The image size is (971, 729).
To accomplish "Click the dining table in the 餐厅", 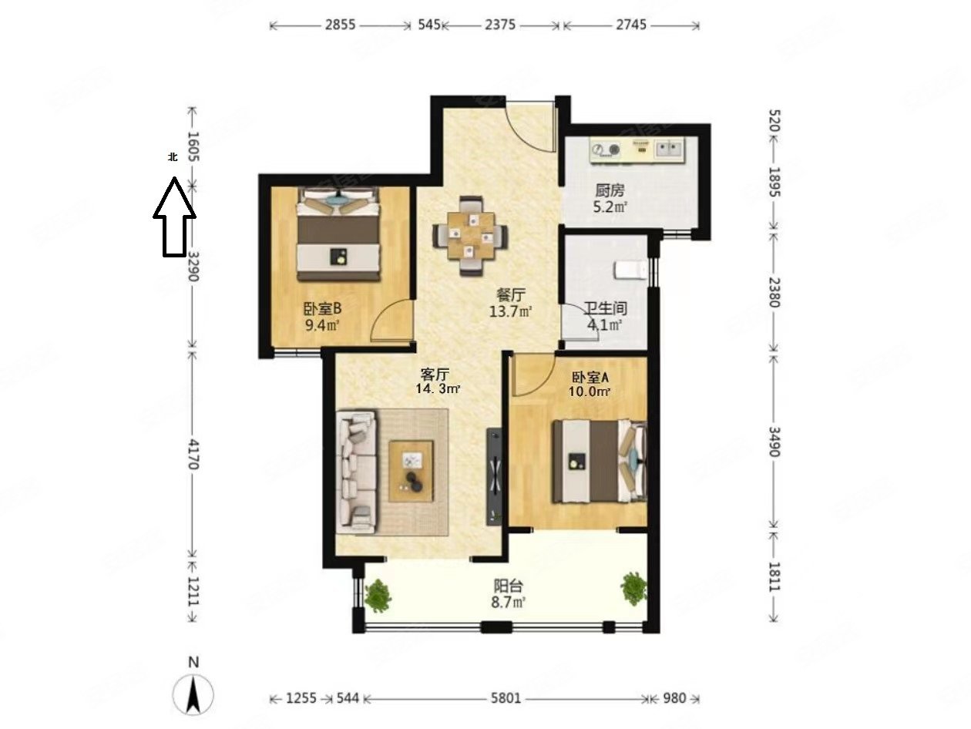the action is [470, 235].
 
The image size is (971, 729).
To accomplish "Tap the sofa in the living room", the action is [358, 472].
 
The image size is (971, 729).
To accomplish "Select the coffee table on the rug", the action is [411, 471].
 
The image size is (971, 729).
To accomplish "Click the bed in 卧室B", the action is [338, 233].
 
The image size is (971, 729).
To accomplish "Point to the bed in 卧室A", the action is [599, 461].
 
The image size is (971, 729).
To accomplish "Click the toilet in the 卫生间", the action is [630, 270].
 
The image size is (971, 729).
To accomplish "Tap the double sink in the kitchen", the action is [668, 148].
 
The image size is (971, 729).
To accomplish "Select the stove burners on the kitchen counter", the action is [606, 149].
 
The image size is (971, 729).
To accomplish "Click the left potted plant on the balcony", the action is [378, 596].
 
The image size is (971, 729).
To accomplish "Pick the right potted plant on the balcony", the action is [633, 588].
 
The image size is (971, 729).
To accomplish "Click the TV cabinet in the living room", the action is [494, 476].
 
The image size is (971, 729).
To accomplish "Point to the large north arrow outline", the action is [174, 217].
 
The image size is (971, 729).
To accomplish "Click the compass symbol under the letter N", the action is [193, 694].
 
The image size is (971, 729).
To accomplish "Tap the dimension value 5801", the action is [506, 698].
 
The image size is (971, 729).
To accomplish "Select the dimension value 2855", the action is [340, 25].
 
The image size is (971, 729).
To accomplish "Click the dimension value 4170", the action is [193, 455].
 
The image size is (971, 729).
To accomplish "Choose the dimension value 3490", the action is [774, 441].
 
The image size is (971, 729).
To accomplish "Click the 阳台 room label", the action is [509, 586].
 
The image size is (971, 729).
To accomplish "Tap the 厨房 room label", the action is [610, 190].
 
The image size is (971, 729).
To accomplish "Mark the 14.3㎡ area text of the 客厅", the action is [438, 389].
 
